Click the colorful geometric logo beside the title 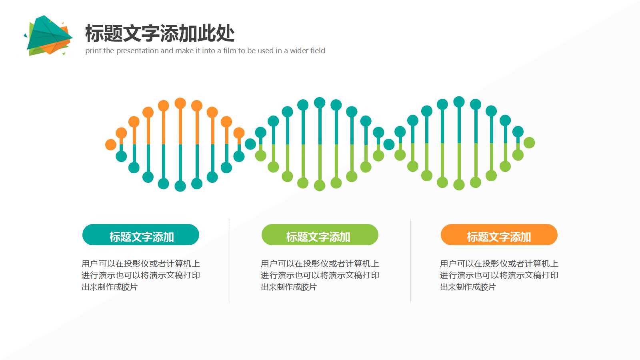pos(48,36)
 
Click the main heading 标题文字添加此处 pos(160,33)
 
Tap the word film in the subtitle pos(230,51)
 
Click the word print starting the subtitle pos(93,51)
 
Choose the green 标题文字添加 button pos(320,235)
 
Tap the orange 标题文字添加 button pos(499,235)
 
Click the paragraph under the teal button pos(140,275)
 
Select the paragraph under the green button pos(320,275)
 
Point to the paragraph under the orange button pos(499,275)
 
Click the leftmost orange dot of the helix pos(111,144)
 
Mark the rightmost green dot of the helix pos(529,142)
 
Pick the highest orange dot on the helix pos(180,103)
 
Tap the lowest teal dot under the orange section pos(180,186)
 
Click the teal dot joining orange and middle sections pos(250,144)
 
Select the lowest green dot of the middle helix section pos(320,186)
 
